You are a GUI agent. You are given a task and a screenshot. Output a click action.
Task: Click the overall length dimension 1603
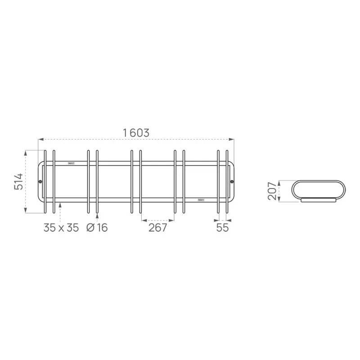(x=136, y=133)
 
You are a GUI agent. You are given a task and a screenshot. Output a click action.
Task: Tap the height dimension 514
(x=18, y=181)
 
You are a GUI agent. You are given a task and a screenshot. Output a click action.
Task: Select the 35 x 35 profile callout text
(x=61, y=228)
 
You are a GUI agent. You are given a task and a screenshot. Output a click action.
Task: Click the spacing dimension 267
(x=157, y=228)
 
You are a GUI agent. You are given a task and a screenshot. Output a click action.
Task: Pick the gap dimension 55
(x=222, y=228)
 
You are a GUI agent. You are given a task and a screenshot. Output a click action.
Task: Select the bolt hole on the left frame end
(x=40, y=182)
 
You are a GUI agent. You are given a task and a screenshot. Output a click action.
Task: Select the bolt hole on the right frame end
(x=232, y=182)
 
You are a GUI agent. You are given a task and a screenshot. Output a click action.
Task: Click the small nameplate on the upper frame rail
(x=72, y=163)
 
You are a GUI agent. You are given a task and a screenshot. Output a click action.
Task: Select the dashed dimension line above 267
(x=157, y=220)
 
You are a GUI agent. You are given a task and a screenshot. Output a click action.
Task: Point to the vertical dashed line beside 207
(x=279, y=191)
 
